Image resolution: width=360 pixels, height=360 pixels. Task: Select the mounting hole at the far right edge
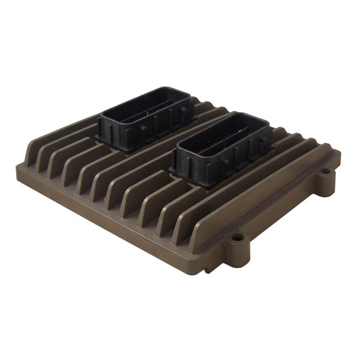pyautogui.click(x=325, y=172)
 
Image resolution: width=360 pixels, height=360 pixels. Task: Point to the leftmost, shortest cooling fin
pyautogui.click(x=42, y=157)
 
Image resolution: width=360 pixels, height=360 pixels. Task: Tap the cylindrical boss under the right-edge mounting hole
pyautogui.click(x=325, y=180)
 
